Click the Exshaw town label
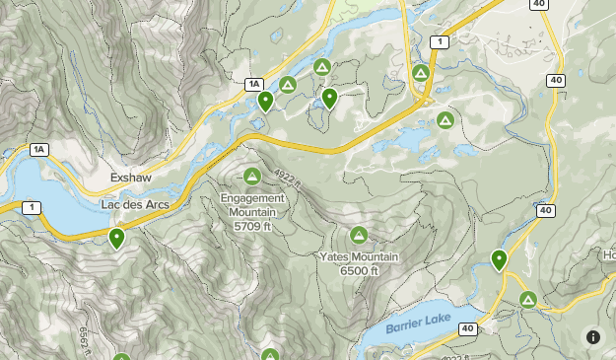(x=130, y=179)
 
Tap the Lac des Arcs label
(x=135, y=204)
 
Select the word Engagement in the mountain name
(x=252, y=197)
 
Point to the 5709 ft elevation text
(x=252, y=226)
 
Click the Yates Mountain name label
(x=359, y=257)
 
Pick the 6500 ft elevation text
(x=359, y=271)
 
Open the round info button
(x=592, y=336)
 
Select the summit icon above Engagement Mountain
(x=252, y=177)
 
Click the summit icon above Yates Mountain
(x=359, y=236)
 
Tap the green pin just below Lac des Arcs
(x=117, y=238)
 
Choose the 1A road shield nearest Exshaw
(x=38, y=150)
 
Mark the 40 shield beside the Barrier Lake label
(x=466, y=328)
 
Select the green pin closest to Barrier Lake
(x=500, y=260)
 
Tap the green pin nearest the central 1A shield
(x=265, y=101)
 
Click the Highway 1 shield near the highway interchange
(x=439, y=41)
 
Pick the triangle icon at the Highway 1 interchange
(x=422, y=73)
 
